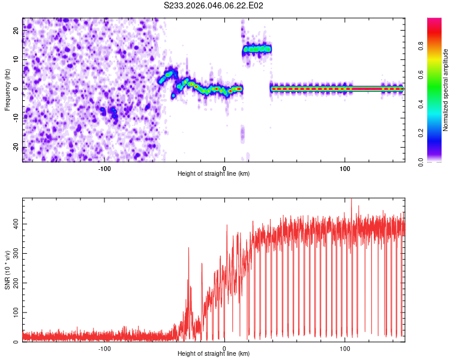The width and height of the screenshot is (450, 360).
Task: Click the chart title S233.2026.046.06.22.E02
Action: pyautogui.click(x=214, y=5)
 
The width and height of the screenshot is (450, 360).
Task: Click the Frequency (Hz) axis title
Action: pyautogui.click(x=7, y=90)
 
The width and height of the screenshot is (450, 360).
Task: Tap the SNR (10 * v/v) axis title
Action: pyautogui.click(x=7, y=270)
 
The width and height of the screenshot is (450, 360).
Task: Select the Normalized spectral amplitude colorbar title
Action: pyautogui.click(x=446, y=90)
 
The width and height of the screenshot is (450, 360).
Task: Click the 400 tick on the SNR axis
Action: pyautogui.click(x=14, y=224)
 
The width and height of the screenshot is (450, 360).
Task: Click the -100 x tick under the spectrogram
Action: pyautogui.click(x=104, y=167)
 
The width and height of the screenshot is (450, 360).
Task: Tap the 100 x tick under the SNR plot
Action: pyautogui.click(x=345, y=347)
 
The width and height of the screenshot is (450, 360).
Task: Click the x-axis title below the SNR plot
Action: pyautogui.click(x=214, y=354)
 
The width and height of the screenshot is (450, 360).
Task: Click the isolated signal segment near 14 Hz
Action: pyautogui.click(x=257, y=49)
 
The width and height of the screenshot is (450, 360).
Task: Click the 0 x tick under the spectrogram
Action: pyautogui.click(x=224, y=167)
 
